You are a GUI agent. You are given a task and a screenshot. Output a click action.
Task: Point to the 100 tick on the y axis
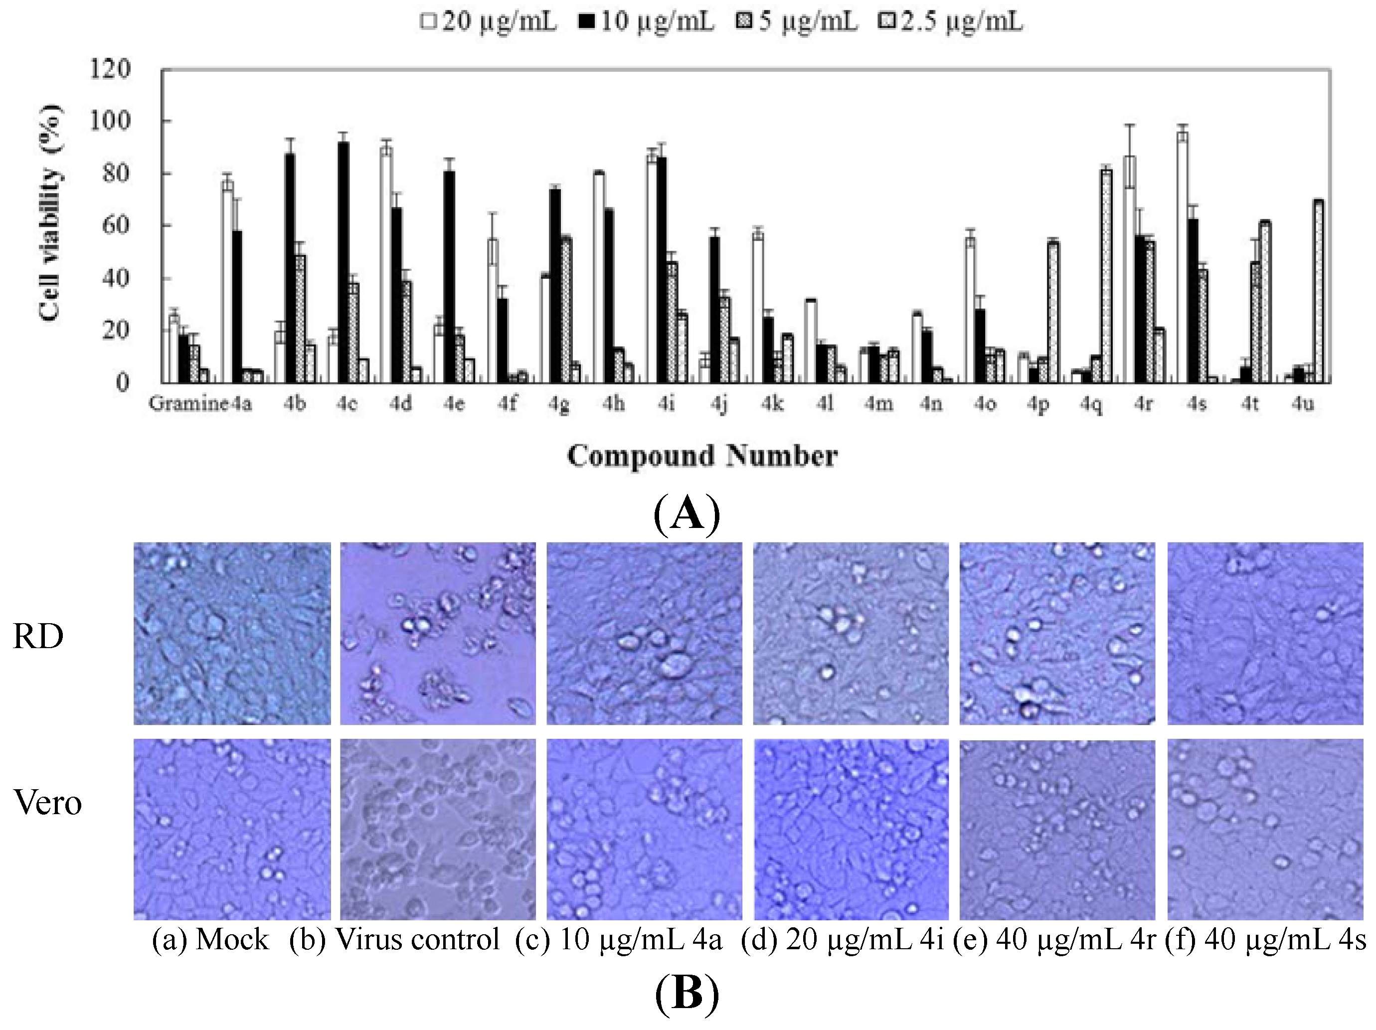pos(110,121)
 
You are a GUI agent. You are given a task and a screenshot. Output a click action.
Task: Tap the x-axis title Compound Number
pos(701,456)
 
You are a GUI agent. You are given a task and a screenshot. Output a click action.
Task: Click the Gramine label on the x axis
pos(187,404)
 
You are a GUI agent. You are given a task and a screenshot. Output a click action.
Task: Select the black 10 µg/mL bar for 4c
pos(343,261)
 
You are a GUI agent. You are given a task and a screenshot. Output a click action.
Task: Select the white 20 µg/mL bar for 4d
pos(386,264)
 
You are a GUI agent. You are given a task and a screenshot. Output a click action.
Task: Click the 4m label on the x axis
pos(878,404)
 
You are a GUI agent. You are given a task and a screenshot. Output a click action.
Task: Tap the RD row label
pos(38,636)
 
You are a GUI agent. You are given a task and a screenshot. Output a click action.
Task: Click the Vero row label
pos(48,802)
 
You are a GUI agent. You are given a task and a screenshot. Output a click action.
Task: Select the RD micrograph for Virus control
pos(437,633)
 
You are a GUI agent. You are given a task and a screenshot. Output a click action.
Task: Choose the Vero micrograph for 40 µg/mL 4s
pos(1265,829)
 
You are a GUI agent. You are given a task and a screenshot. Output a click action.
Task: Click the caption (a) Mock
pos(210,939)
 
